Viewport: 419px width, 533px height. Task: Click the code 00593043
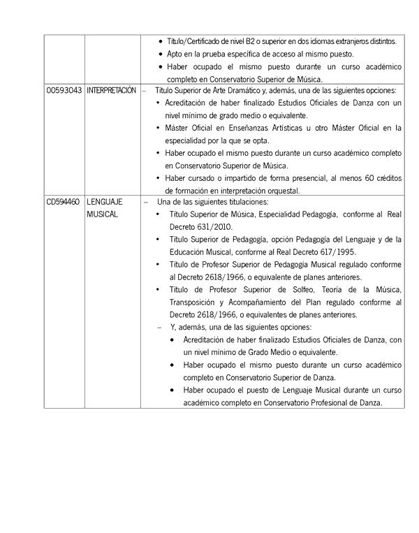[x=64, y=90]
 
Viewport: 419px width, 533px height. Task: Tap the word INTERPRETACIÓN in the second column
[x=112, y=90]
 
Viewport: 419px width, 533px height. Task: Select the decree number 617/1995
[x=330, y=251]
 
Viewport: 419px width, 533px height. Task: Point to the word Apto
[x=175, y=54]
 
